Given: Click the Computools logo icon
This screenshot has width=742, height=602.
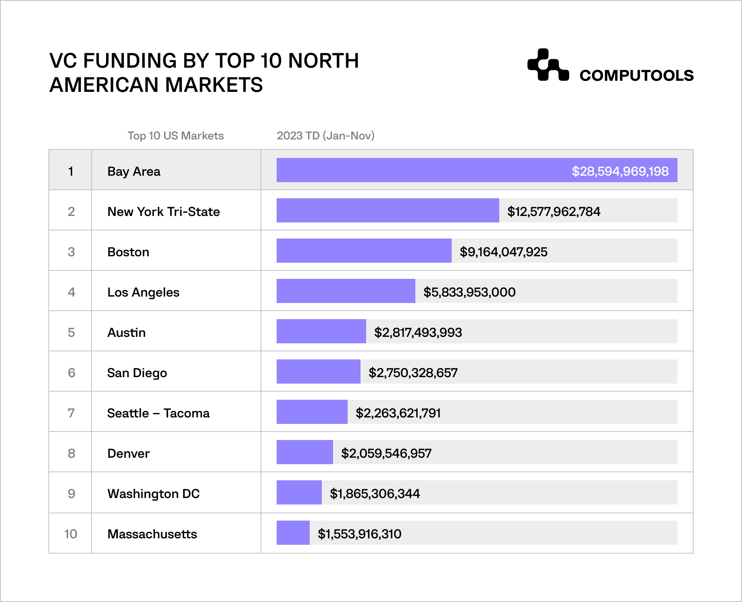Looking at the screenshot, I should (x=548, y=65).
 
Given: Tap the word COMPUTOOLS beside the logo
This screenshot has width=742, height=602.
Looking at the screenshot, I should (x=636, y=76).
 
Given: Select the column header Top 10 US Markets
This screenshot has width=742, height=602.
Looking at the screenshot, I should (x=175, y=136).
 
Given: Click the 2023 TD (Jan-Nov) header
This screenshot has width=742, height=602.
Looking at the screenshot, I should (x=325, y=136).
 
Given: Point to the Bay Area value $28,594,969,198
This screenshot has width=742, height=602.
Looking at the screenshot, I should (x=620, y=171).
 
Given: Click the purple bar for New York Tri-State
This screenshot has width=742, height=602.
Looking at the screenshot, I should (x=388, y=210).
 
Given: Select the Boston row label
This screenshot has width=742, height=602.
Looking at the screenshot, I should (x=128, y=252).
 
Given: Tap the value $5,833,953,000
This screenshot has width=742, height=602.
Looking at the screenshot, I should (x=469, y=292).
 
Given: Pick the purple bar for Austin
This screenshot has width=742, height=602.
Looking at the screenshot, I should (x=321, y=331).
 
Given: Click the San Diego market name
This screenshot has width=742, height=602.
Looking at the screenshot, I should (x=137, y=373).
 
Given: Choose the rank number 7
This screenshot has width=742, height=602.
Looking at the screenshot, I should (x=71, y=413).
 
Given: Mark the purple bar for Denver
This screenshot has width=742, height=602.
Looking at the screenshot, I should (x=304, y=452).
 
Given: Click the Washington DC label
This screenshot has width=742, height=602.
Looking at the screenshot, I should (x=153, y=494).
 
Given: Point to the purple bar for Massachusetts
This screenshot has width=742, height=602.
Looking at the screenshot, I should (x=293, y=533).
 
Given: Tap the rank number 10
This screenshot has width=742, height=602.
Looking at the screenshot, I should (x=71, y=534).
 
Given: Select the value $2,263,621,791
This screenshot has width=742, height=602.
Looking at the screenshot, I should (x=398, y=413).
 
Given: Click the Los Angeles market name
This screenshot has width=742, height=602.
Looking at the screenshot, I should (x=143, y=292).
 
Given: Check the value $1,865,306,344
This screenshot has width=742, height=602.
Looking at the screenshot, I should (x=375, y=494).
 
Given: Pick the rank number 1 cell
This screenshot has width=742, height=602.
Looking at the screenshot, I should (x=71, y=171).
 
